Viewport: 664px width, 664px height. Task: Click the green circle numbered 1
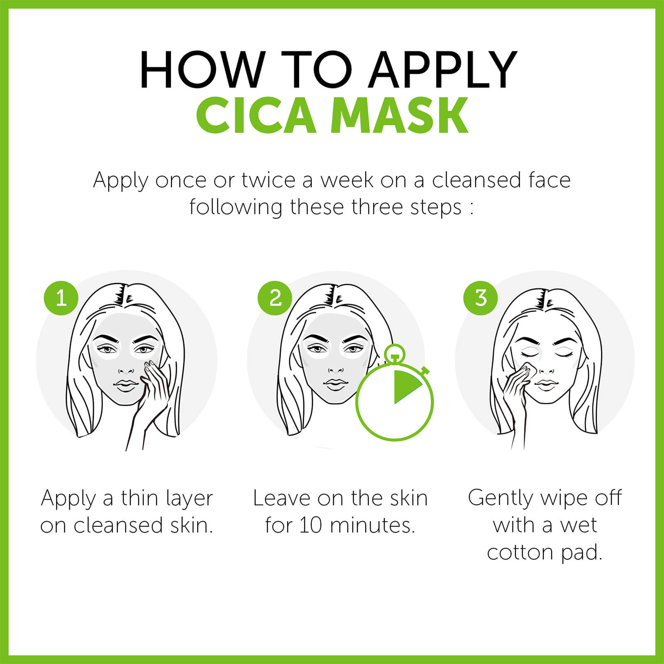61,298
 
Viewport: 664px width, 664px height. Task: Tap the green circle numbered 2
275,298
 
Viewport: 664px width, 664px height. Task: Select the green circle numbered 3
481,298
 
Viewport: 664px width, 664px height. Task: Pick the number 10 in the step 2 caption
310,525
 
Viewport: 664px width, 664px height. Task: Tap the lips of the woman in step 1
125,385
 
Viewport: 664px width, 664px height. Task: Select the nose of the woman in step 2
335,367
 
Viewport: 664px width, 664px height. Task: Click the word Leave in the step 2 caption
281,498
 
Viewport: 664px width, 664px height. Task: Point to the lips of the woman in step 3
546,386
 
